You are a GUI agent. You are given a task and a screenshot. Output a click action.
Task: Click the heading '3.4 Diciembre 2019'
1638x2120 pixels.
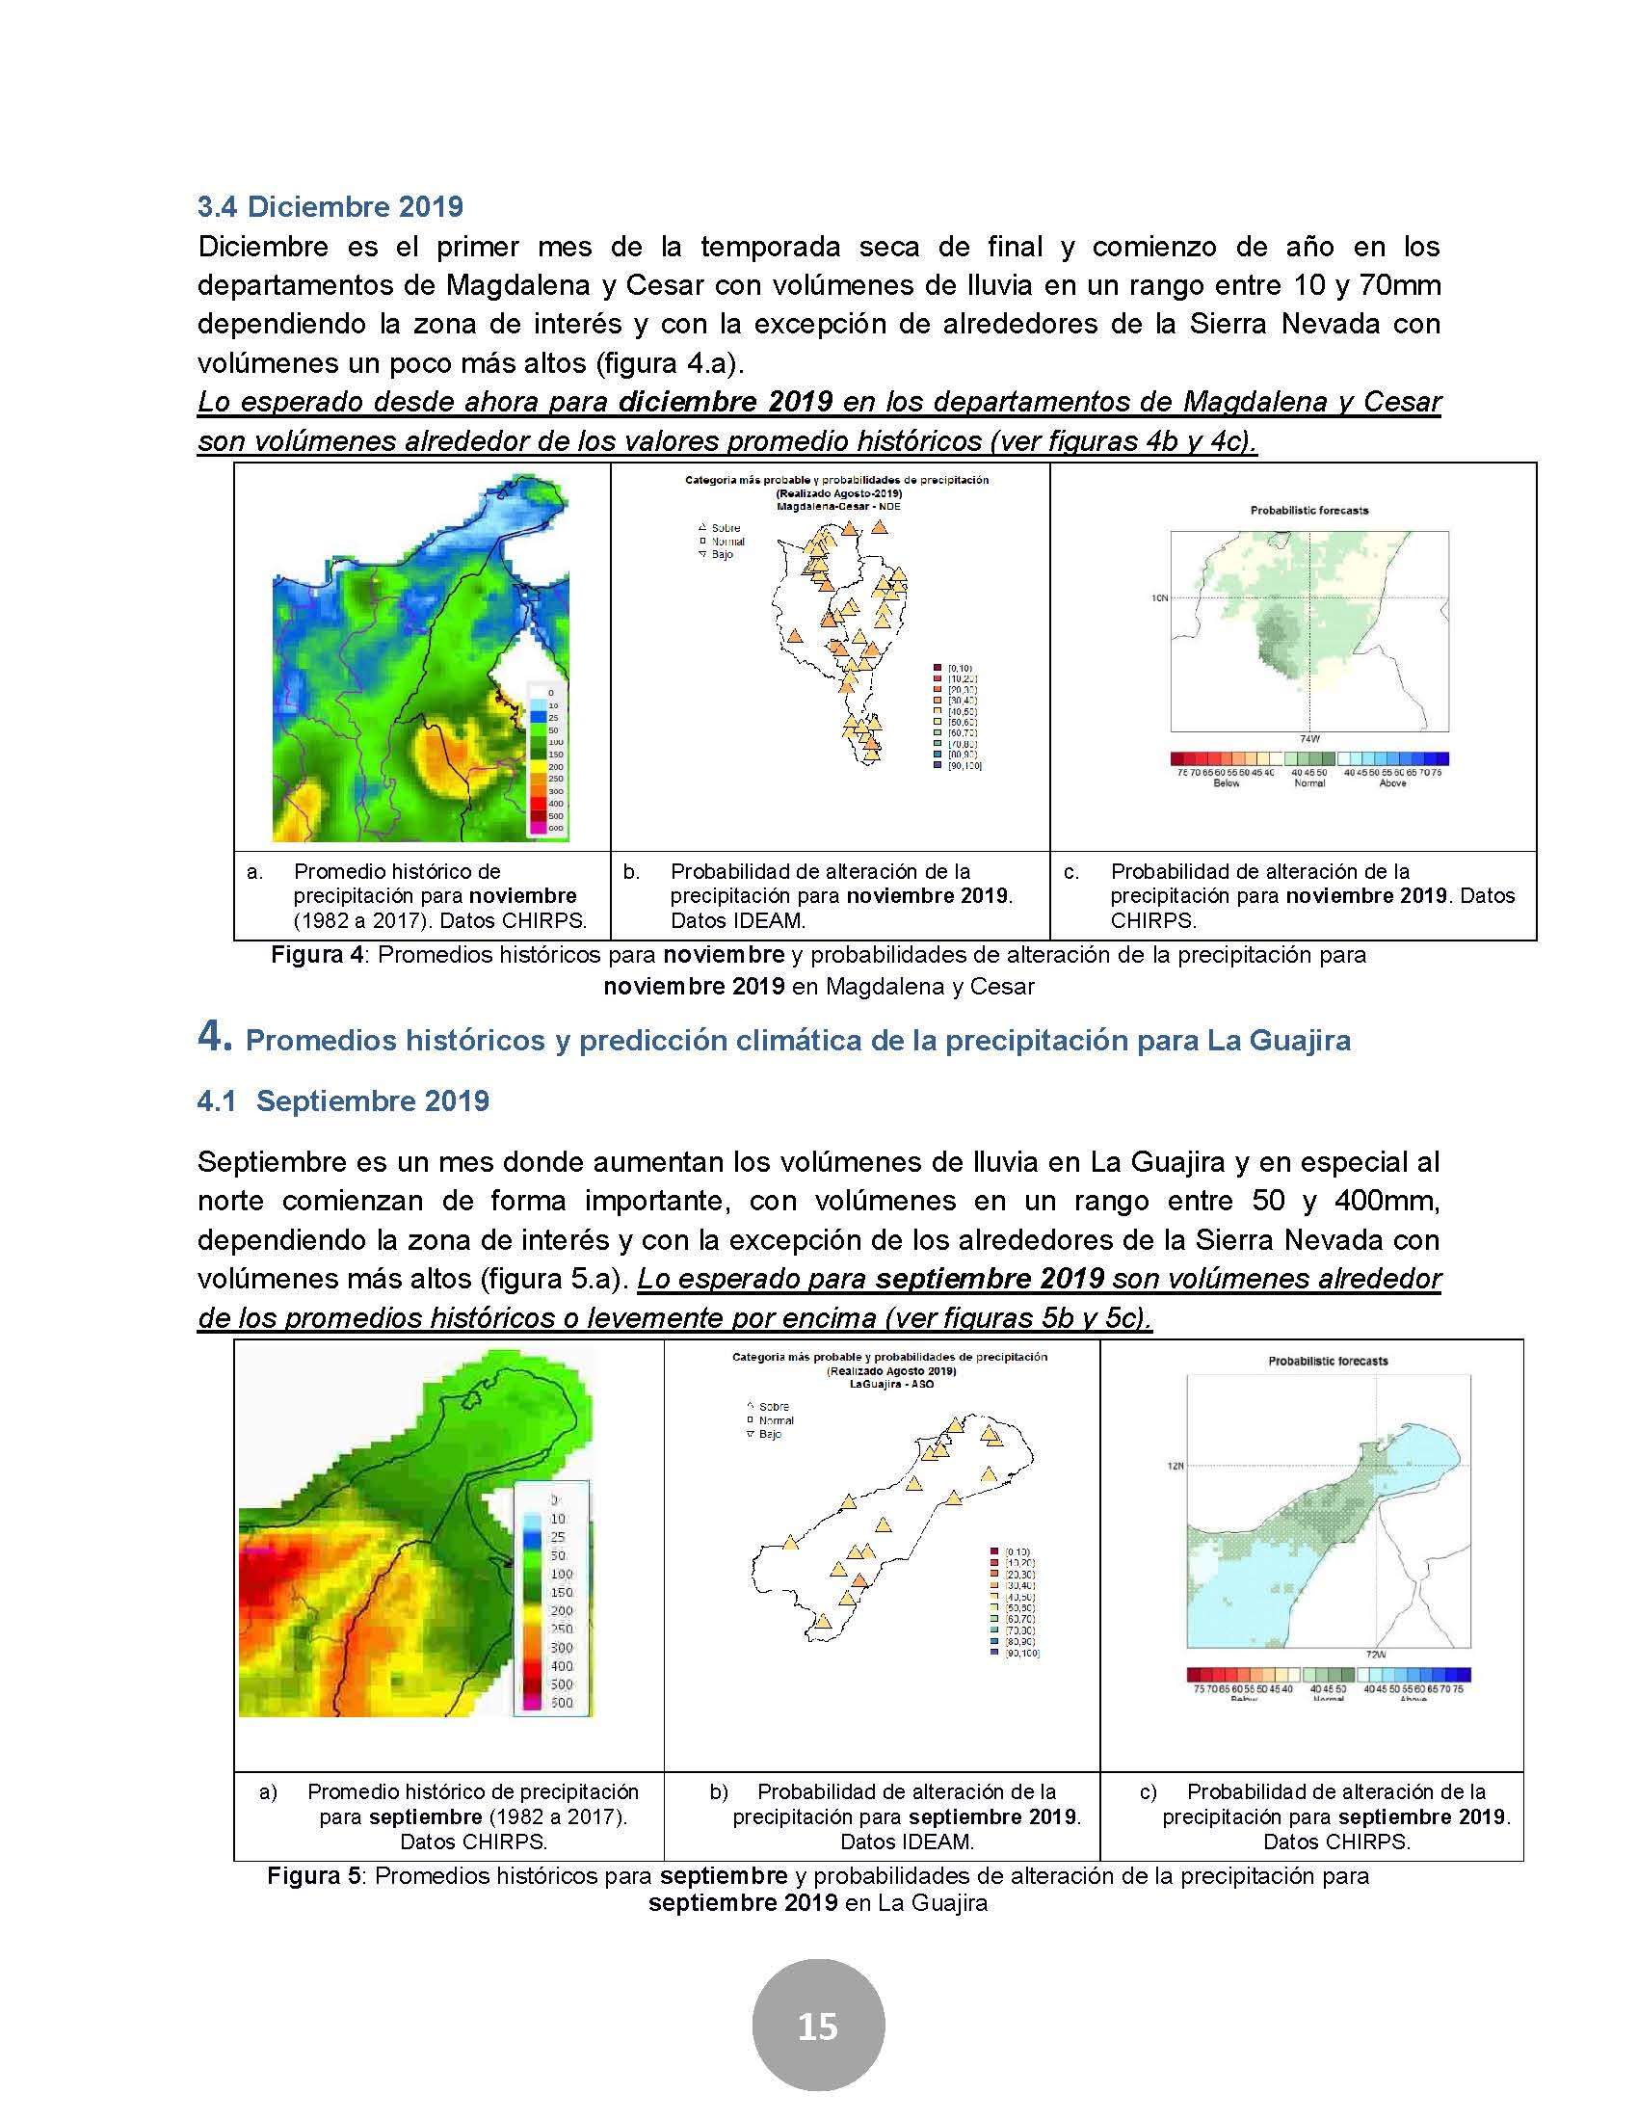[x=330, y=207]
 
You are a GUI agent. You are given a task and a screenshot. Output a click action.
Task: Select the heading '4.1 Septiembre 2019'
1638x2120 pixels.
[x=343, y=1100]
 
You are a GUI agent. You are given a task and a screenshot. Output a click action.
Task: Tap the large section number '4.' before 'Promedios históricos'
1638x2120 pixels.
[x=215, y=1038]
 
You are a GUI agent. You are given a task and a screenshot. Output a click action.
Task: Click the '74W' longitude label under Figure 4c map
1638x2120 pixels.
[x=1308, y=738]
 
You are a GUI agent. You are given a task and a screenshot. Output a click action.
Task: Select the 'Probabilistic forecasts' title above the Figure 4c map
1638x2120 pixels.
[x=1309, y=511]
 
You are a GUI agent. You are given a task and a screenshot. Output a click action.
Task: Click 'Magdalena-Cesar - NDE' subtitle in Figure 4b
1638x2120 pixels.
[x=836, y=506]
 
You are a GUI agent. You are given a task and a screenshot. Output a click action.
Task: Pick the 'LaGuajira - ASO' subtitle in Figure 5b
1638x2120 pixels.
[x=889, y=1384]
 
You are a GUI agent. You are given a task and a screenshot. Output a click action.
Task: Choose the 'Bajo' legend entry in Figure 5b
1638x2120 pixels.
[x=770, y=1434]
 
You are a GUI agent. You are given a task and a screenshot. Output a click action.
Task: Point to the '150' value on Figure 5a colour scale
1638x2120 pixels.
[x=561, y=1592]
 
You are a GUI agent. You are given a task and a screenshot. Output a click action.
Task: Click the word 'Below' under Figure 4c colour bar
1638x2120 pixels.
[x=1227, y=783]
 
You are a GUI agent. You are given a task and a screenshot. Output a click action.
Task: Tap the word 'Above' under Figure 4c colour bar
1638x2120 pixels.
[x=1392, y=783]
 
